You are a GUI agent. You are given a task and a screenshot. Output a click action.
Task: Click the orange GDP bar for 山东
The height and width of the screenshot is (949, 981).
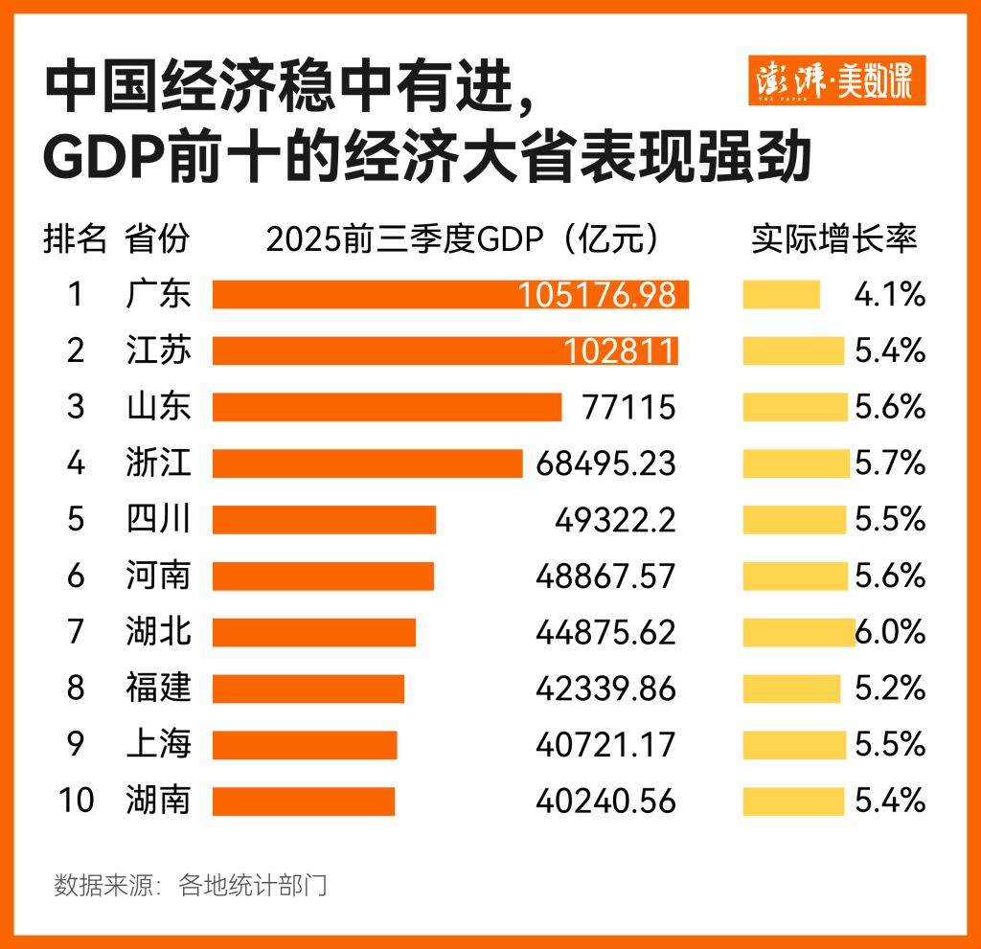coord(386,407)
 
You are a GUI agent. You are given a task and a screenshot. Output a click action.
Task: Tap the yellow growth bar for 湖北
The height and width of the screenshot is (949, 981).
coord(799,632)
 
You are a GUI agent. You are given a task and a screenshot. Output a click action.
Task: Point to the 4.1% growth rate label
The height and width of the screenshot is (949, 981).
coord(889,294)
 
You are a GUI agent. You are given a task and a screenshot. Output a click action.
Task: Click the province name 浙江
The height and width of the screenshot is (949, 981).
coord(158,463)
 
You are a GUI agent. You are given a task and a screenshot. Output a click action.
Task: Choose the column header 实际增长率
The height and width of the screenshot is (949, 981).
coord(833,239)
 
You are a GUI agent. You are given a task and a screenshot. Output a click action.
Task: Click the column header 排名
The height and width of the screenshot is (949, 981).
coord(75,239)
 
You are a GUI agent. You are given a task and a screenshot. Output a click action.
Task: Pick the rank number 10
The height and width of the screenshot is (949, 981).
coord(76,801)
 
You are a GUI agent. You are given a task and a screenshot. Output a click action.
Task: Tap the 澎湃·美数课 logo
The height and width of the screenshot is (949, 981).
coord(835,80)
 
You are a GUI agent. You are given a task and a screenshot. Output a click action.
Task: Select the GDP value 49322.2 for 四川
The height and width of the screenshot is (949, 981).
coord(615,520)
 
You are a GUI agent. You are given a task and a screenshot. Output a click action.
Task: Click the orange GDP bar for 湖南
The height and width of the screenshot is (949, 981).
coord(304,801)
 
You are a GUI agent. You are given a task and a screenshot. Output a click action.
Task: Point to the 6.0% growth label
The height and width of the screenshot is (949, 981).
coord(891,632)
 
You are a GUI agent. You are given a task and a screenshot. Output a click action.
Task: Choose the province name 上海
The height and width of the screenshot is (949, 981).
coord(158,744)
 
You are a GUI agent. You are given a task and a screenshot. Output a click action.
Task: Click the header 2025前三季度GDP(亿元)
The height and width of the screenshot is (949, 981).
coord(464,239)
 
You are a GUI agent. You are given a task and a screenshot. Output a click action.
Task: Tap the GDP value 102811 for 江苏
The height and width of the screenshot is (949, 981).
coord(620,350)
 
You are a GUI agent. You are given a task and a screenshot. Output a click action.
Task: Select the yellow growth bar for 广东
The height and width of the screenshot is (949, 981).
coord(781,294)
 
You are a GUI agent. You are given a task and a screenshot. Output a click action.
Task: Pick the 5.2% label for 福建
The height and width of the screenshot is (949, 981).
coord(889,689)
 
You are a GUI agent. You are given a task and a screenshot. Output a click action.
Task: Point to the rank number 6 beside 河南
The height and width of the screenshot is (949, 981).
coord(76,576)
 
